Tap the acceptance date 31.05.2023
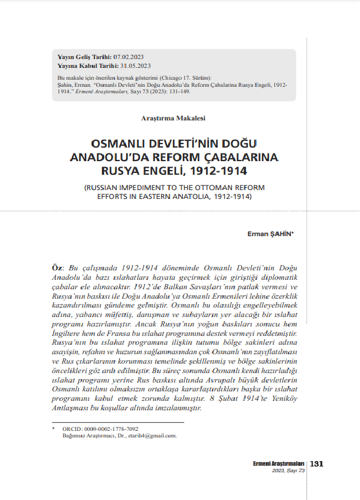pyautogui.click(x=135, y=66)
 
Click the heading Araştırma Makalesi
pyautogui.click(x=173, y=119)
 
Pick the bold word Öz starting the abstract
pyautogui.click(x=58, y=267)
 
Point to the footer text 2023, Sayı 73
pyautogui.click(x=289, y=471)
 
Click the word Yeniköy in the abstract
pyautogui.click(x=290, y=400)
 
